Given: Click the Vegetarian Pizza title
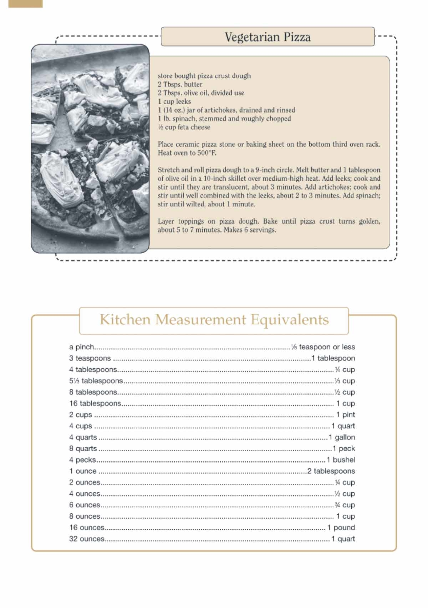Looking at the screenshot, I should point(267,37).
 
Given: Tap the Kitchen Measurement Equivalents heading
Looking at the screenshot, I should point(214,320).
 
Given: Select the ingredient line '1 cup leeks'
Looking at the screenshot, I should point(174,101).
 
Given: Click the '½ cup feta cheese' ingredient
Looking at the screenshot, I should point(184,127).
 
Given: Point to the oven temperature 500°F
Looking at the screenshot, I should point(207,153).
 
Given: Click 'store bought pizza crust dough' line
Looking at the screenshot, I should point(204,76).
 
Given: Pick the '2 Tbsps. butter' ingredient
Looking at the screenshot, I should point(180,84).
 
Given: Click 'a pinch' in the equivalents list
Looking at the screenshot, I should point(82,347).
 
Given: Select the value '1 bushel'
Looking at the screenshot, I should point(341,460).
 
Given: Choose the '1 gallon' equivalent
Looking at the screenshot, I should point(342,437).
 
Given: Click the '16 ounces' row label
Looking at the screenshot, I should point(87,528).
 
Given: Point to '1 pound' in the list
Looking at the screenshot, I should point(341,528).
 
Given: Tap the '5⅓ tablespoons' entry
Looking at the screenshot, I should point(96,381).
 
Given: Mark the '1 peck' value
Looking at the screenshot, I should point(344,449).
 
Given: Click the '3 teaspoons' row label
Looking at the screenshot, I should point(90,358).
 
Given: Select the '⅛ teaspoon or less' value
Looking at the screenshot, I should point(323,347).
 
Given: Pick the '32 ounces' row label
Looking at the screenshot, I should point(87,539).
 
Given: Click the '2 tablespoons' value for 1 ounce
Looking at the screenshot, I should point(331,471).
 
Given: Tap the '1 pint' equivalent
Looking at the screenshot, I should point(345,415).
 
